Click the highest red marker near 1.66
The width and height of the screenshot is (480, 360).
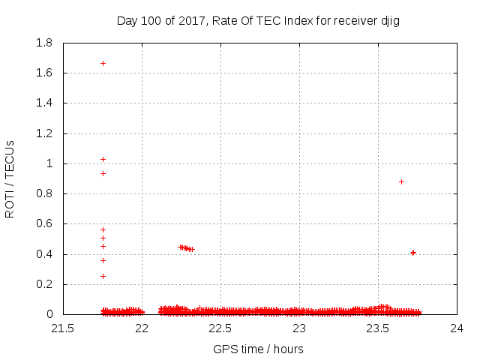103,63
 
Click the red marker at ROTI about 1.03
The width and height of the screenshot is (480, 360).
103,159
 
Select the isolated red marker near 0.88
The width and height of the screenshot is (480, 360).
401,181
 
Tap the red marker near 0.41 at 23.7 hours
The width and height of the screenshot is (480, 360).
413,253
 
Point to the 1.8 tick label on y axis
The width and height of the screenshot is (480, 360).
44,43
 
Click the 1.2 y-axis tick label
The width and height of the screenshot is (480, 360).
44,133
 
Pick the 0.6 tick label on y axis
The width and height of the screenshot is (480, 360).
44,223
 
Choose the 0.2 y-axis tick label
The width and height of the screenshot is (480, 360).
44,284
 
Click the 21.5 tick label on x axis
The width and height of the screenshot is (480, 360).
63,328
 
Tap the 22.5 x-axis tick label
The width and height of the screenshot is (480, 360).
220,328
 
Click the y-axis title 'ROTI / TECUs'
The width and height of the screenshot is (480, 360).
10,178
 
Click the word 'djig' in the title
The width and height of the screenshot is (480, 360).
390,21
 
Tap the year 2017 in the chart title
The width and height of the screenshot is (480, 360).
191,21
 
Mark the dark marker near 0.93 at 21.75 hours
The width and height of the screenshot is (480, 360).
103,173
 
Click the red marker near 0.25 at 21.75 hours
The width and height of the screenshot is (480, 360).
103,276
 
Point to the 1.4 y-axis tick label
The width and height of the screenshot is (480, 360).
44,103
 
